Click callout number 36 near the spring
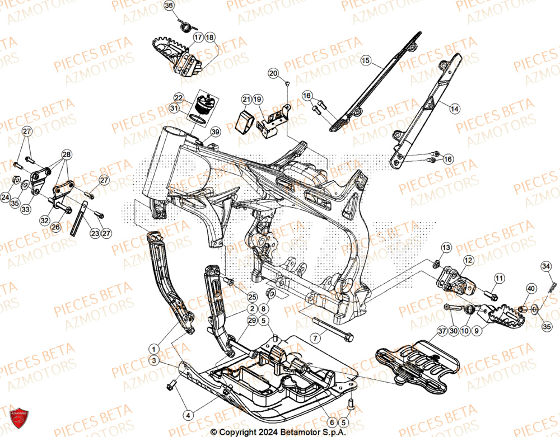tap(169, 6)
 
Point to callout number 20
tap(273, 73)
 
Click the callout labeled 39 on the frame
tap(215, 132)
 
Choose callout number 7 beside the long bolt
tap(316, 338)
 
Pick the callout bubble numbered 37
tap(442, 331)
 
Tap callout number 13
tap(446, 247)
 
